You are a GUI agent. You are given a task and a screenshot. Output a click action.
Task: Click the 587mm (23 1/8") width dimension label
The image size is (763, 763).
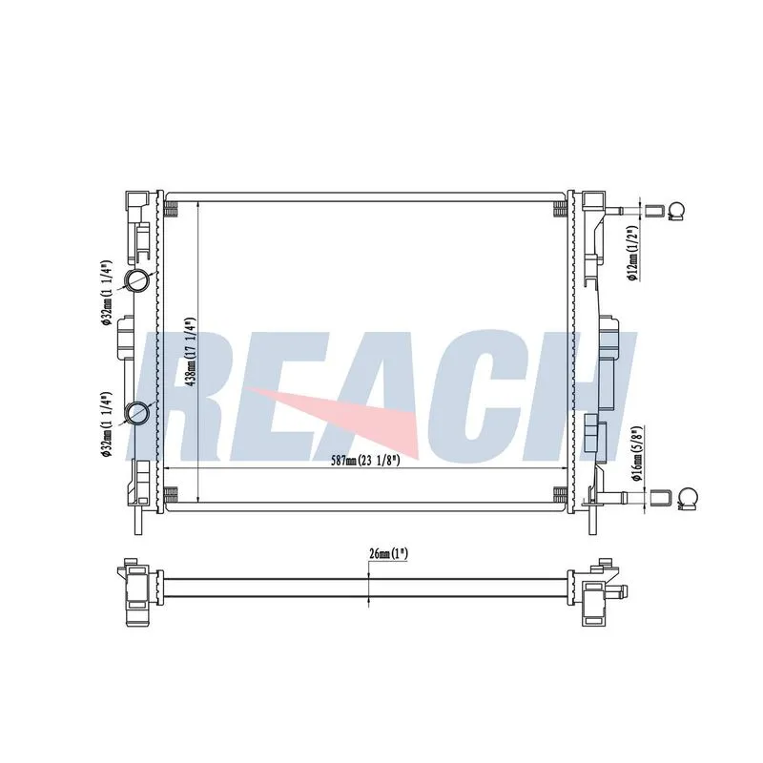pyautogui.click(x=365, y=460)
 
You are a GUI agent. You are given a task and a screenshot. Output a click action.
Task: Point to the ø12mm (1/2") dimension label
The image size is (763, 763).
pyautogui.click(x=632, y=253)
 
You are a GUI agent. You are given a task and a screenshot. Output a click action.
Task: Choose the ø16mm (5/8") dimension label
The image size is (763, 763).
pyautogui.click(x=637, y=454)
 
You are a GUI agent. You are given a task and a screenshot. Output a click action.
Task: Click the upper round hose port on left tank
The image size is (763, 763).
pyautogui.click(x=137, y=279)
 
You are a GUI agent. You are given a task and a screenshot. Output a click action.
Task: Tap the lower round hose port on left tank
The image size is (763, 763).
pyautogui.click(x=137, y=413)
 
